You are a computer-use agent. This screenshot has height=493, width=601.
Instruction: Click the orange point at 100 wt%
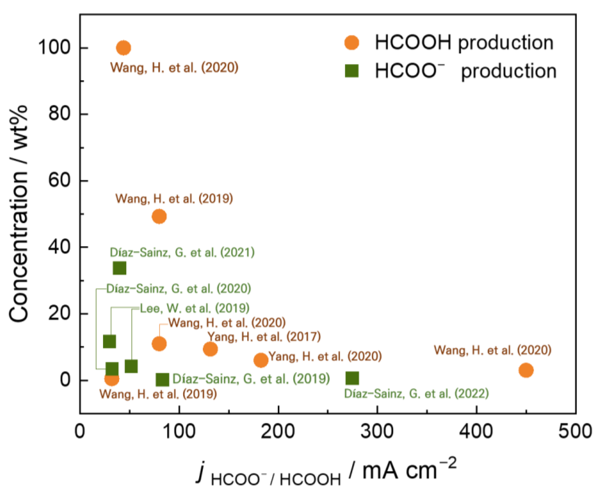[123, 48]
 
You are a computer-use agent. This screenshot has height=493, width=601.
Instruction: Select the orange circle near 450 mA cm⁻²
[526, 370]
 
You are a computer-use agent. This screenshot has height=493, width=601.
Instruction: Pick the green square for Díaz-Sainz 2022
[352, 378]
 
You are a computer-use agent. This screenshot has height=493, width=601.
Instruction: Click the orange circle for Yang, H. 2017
[210, 349]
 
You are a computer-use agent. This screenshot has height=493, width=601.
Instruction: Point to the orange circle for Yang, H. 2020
[261, 360]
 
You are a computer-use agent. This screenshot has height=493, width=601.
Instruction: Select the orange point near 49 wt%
[159, 216]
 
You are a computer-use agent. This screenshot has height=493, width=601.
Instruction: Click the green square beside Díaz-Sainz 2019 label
[163, 380]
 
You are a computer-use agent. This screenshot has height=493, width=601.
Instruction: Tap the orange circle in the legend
[352, 43]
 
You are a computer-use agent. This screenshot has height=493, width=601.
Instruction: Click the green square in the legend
[352, 71]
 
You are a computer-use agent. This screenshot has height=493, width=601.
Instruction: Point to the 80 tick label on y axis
[59, 114]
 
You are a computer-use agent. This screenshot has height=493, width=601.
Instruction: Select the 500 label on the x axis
[575, 431]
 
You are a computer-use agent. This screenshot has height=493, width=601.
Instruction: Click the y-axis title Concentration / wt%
[18, 213]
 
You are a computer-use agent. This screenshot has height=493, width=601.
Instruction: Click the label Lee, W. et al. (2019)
[195, 308]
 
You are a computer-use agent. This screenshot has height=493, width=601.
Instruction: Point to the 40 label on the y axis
[59, 247]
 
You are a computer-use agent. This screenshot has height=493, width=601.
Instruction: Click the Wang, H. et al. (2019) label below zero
[158, 394]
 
